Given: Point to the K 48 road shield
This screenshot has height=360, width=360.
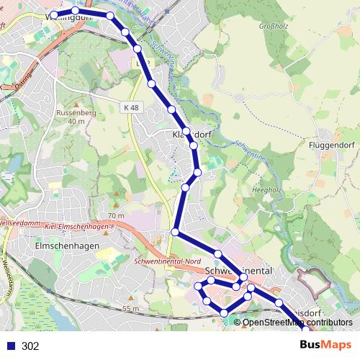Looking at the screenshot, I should (131, 107).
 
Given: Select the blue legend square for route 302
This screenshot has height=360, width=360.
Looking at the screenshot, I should (10, 346).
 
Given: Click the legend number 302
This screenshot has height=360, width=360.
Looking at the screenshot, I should (30, 346).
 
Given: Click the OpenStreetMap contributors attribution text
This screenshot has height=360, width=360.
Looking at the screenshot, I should (297, 322).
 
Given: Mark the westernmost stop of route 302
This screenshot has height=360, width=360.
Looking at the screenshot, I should (53, 14).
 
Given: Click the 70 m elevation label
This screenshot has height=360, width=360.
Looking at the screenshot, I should (115, 215).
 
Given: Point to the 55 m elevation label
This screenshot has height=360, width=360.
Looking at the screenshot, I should (130, 308).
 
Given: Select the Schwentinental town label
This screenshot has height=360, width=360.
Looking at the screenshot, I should (239, 271).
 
